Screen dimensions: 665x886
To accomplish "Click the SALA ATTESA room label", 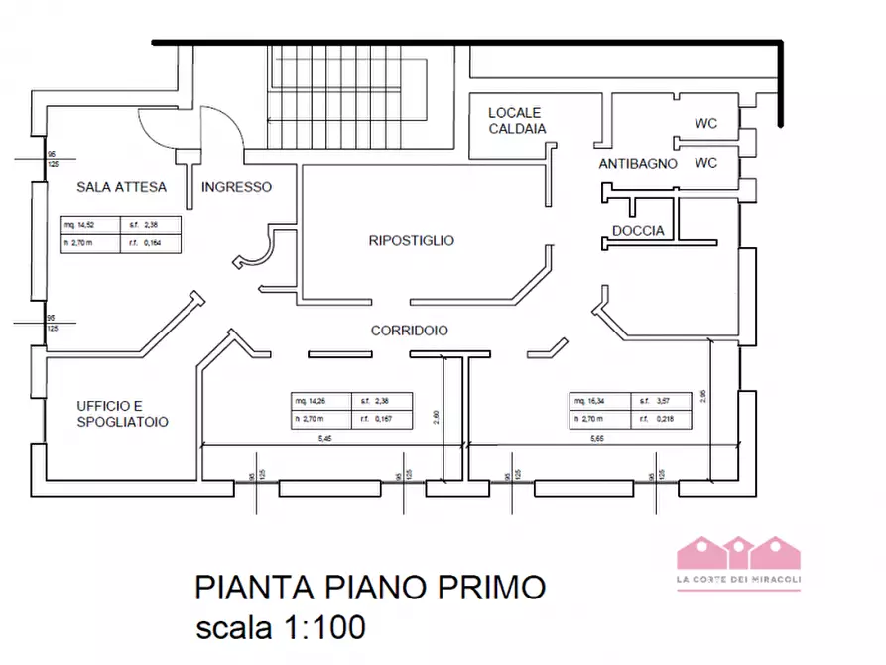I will (x=122, y=187).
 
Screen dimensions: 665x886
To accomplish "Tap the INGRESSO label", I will (x=236, y=187).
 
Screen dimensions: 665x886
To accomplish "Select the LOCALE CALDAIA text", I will (x=517, y=121).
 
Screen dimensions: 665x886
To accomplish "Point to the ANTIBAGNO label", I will (x=638, y=164).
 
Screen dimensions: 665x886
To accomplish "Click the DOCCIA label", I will (x=638, y=232).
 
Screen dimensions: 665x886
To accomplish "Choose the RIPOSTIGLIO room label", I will (x=411, y=240).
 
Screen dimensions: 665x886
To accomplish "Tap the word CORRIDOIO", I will (x=410, y=331).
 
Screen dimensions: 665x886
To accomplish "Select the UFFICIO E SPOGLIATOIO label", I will (x=122, y=414).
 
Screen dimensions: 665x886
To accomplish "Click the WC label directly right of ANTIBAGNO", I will (x=705, y=163).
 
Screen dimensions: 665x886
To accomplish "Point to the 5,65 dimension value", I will (x=597, y=438).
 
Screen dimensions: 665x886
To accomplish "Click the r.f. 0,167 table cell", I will (x=376, y=420).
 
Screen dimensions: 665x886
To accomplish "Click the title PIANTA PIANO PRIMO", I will (x=369, y=587).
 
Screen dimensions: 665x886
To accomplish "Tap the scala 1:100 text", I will (x=280, y=627).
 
